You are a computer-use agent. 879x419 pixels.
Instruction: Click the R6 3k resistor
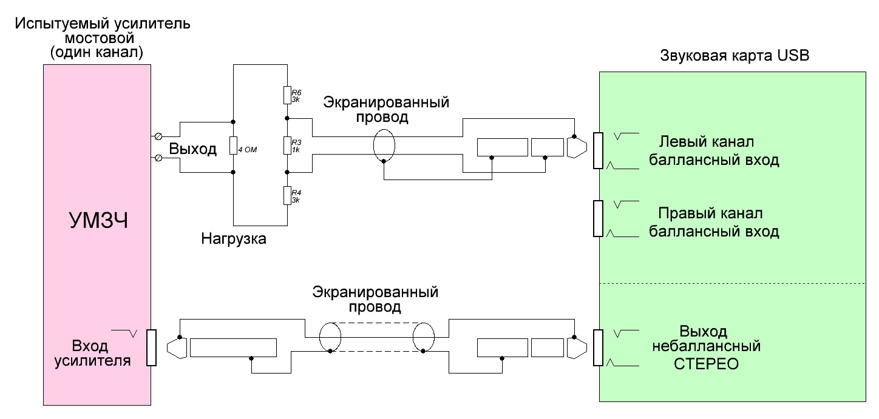click(287, 95)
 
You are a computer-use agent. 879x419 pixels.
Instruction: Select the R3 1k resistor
click(287, 146)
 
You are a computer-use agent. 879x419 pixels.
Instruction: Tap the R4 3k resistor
click(287, 195)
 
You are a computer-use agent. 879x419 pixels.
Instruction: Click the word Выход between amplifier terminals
click(192, 149)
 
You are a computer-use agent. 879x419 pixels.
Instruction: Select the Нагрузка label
click(234, 238)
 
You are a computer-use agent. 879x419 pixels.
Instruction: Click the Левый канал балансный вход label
click(714, 152)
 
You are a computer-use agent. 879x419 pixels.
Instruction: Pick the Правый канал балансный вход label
click(714, 223)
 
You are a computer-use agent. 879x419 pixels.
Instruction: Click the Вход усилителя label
click(90, 354)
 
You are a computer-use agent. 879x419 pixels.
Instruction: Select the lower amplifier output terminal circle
click(159, 158)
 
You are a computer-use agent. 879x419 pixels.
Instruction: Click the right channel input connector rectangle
click(598, 218)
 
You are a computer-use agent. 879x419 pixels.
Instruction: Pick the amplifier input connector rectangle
click(152, 347)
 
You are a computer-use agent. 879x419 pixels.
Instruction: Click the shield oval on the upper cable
click(384, 146)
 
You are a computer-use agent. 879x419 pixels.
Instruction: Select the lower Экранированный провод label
click(376, 299)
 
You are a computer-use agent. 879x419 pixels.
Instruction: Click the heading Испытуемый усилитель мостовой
click(103, 38)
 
